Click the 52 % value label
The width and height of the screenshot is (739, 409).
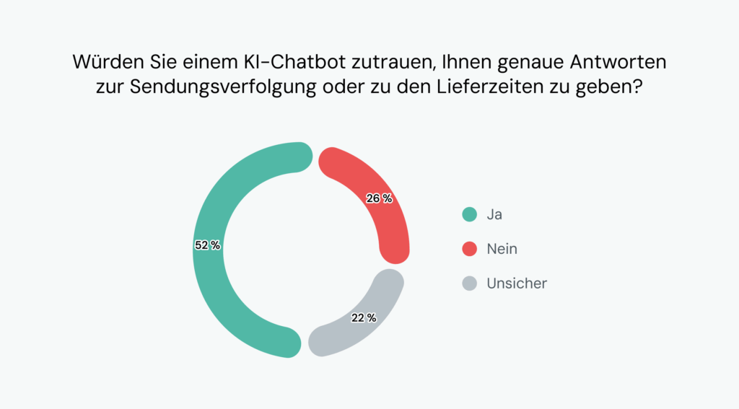207,245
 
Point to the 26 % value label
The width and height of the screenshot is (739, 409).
379,198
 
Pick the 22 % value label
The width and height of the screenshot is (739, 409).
363,317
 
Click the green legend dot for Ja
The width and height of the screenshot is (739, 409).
470,214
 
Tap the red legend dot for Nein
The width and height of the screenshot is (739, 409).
470,249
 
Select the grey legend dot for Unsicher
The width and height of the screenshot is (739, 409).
470,283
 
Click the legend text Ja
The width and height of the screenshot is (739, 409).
494,214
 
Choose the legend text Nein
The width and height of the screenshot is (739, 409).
502,249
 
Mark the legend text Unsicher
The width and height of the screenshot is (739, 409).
517,283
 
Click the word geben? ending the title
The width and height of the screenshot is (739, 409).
613,89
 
